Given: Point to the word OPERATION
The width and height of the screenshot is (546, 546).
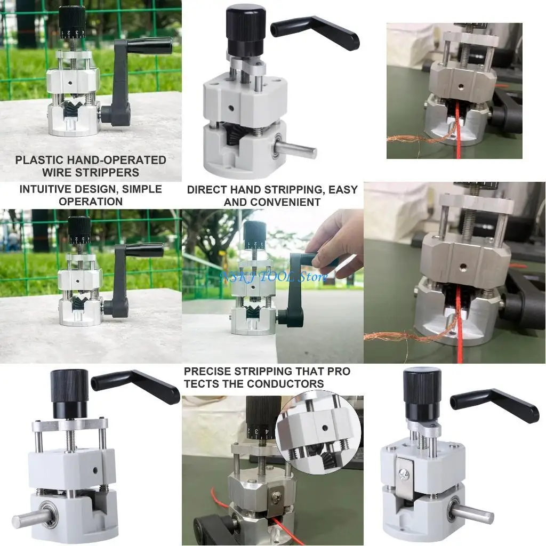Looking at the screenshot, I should (91, 202).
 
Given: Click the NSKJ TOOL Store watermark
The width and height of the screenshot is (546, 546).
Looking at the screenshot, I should (274, 277).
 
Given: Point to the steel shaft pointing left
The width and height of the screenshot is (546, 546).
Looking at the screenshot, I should (32, 519).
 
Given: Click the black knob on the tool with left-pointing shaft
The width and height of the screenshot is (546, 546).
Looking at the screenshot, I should (69, 394).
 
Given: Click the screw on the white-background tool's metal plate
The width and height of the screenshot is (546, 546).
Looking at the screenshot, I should (409, 472).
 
